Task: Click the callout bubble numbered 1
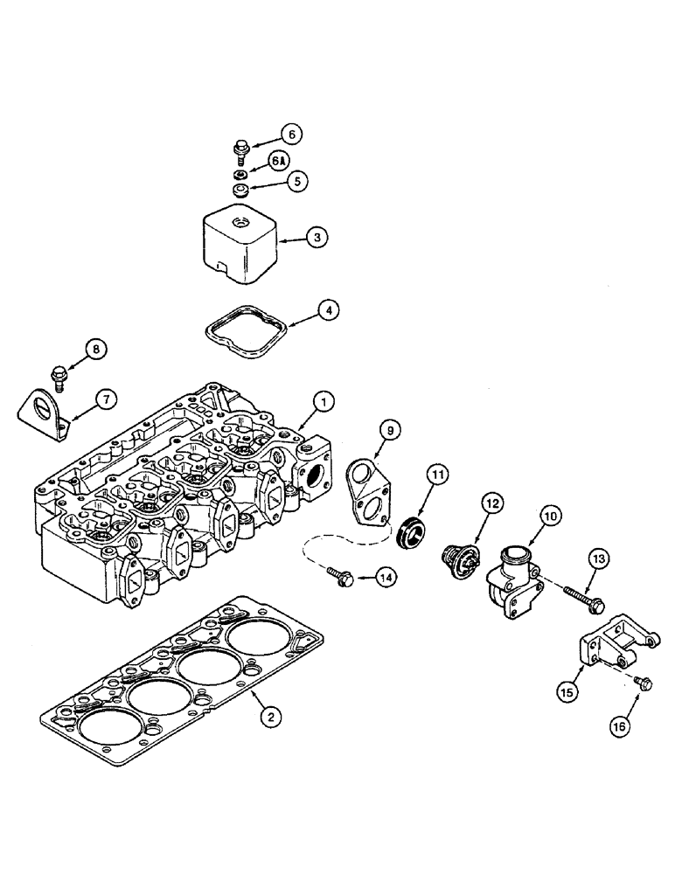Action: click(x=323, y=402)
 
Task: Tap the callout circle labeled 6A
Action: click(x=277, y=163)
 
